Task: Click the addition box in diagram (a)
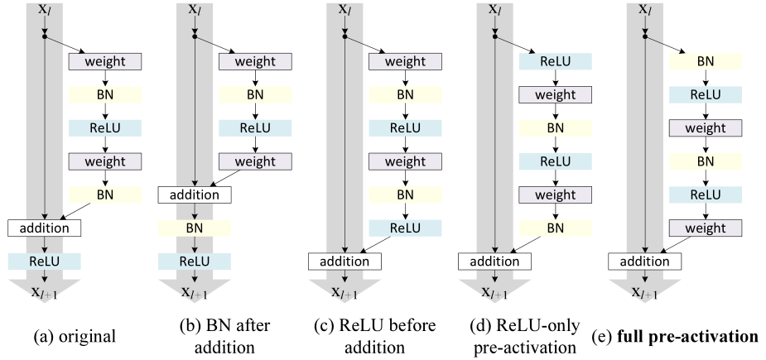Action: click(44, 228)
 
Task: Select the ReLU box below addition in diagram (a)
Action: click(44, 261)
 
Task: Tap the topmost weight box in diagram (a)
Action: click(105, 62)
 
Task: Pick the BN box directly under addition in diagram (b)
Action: click(194, 228)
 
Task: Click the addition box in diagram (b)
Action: click(194, 195)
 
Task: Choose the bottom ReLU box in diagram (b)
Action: click(194, 261)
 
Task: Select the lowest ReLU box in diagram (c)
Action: click(405, 228)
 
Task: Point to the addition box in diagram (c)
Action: click(344, 261)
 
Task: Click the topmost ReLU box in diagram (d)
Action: click(556, 62)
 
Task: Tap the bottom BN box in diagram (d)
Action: click(556, 228)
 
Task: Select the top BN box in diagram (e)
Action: click(706, 62)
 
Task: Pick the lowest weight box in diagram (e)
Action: click(706, 228)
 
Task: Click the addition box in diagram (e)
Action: click(645, 261)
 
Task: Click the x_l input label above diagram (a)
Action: click(45, 10)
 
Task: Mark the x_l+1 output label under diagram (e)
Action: click(646, 292)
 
